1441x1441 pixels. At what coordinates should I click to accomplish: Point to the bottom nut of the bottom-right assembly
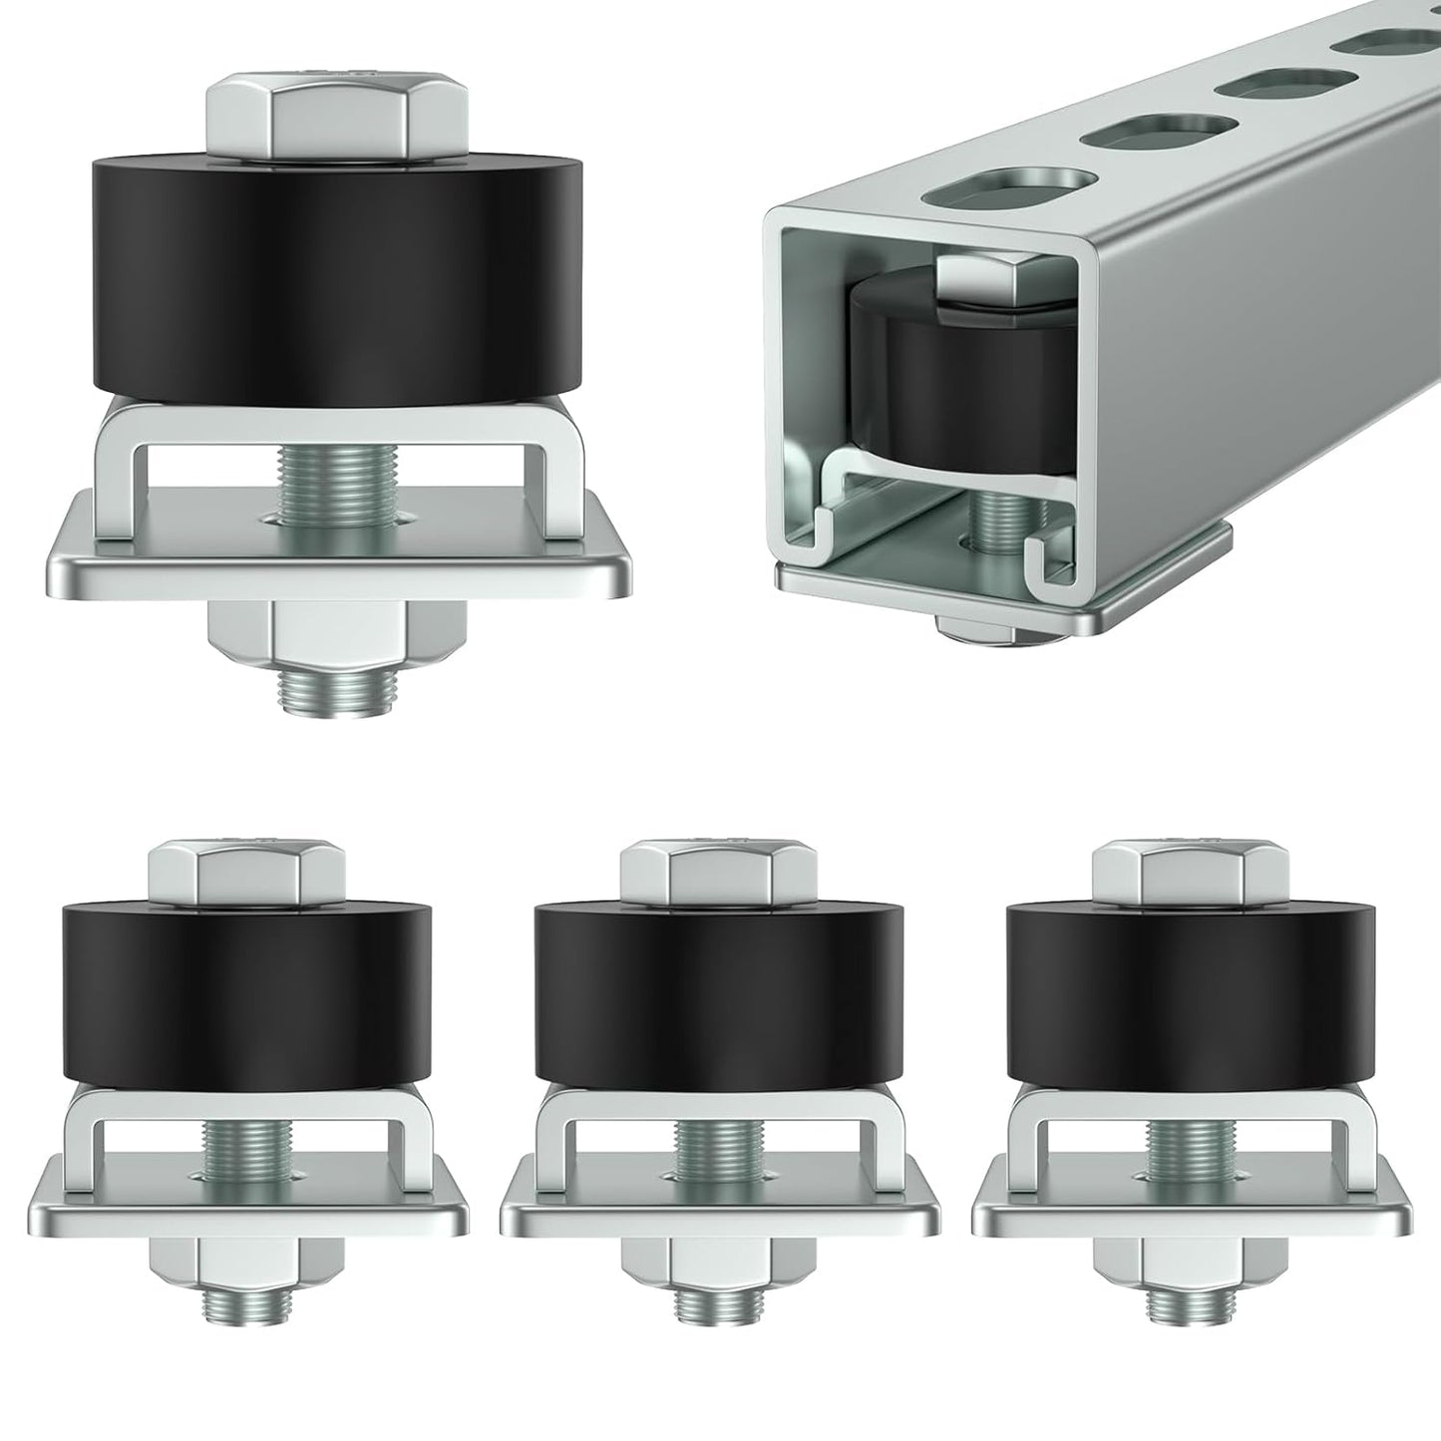[x=1192, y=1270]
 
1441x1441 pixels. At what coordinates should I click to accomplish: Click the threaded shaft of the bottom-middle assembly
[x=720, y=1157]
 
